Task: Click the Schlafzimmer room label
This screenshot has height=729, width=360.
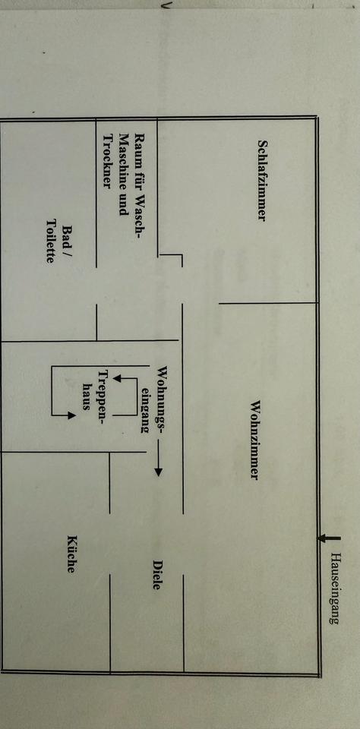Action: (262, 181)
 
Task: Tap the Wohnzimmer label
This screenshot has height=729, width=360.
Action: (254, 440)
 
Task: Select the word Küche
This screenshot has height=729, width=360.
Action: (71, 554)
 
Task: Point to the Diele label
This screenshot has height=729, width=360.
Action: (156, 575)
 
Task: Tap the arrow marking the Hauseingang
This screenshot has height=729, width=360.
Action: (329, 538)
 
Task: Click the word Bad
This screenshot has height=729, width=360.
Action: (67, 236)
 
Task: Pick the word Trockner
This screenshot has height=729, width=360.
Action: (108, 161)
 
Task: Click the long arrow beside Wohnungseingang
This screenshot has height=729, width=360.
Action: (158, 459)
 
